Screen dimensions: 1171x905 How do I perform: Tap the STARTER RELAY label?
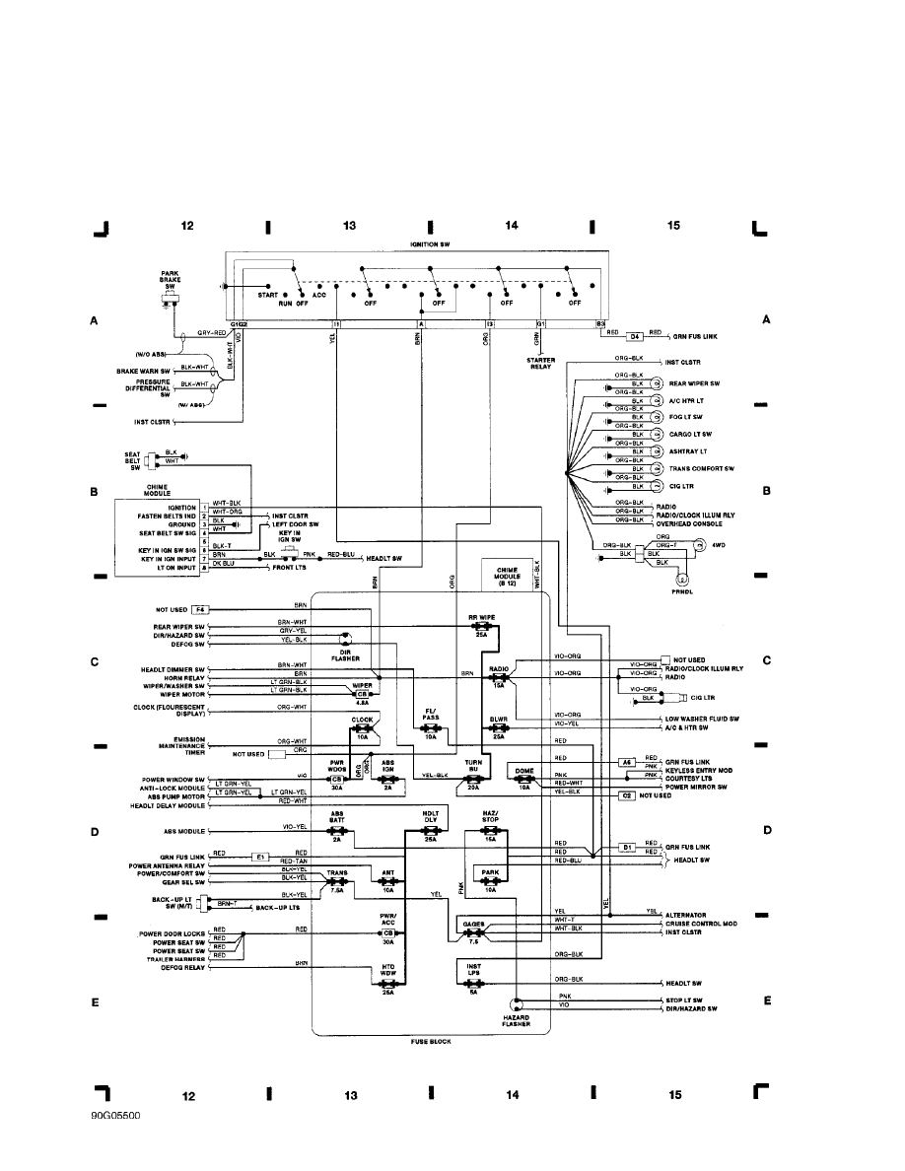pos(541,364)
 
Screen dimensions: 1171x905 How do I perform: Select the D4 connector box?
pos(635,335)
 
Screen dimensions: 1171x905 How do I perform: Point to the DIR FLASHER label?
pos(345,655)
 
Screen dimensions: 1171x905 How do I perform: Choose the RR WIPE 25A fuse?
pos(481,626)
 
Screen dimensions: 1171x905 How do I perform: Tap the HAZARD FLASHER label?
pos(517,1020)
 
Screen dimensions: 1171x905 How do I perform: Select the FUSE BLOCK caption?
pos(430,1039)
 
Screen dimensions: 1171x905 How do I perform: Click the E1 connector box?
pos(260,857)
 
